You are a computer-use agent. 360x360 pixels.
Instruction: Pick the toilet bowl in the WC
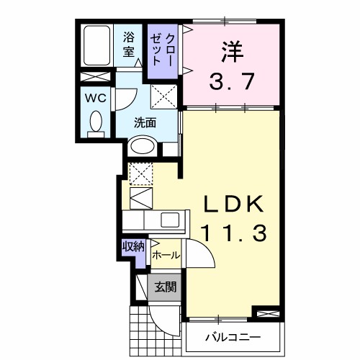94,122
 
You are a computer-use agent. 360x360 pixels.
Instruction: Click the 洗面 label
145,122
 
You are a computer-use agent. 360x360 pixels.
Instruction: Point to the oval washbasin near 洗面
142,146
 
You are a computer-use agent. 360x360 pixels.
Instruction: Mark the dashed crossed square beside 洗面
163,96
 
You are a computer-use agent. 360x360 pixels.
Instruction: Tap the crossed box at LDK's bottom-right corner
265,313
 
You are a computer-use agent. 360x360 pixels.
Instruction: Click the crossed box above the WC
94,77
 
